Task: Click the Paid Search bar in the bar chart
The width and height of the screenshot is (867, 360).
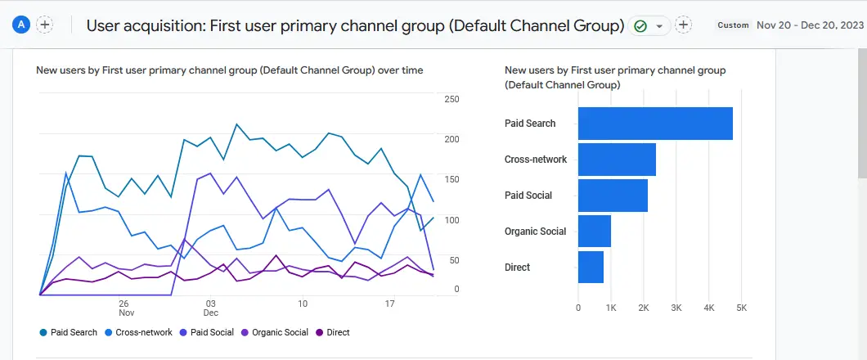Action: tap(654, 124)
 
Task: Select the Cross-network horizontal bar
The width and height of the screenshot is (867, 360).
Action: tap(617, 160)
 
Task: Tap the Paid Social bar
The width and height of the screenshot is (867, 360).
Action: tap(613, 196)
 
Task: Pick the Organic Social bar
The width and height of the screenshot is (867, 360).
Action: tap(595, 232)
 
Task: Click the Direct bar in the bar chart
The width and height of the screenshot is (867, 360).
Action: tap(591, 268)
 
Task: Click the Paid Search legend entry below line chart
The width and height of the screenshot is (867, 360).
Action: tap(69, 333)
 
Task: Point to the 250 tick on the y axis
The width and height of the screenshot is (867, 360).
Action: tap(451, 99)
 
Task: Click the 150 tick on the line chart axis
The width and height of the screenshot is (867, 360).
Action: tap(451, 179)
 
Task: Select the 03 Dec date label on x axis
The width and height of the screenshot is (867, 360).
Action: tap(210, 308)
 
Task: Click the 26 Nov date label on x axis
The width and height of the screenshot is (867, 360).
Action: tap(126, 308)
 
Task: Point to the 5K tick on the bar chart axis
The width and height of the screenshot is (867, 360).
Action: tap(741, 308)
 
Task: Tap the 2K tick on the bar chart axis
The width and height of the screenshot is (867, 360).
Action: tap(644, 308)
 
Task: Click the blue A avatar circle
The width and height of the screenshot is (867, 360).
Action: tap(21, 25)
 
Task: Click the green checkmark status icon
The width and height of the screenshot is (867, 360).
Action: tap(640, 26)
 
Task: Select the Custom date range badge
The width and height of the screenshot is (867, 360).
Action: tap(733, 25)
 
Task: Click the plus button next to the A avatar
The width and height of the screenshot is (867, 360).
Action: tap(45, 25)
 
